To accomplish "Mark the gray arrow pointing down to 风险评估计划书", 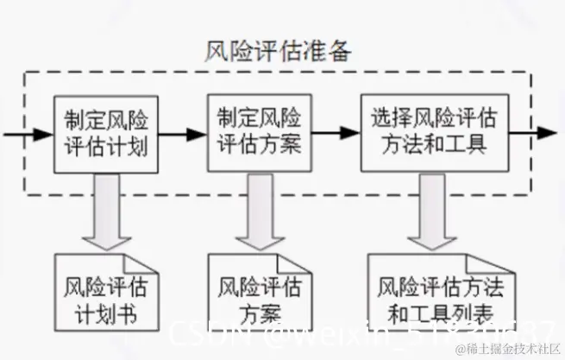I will click(106, 211).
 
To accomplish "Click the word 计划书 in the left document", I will click(106, 310).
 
